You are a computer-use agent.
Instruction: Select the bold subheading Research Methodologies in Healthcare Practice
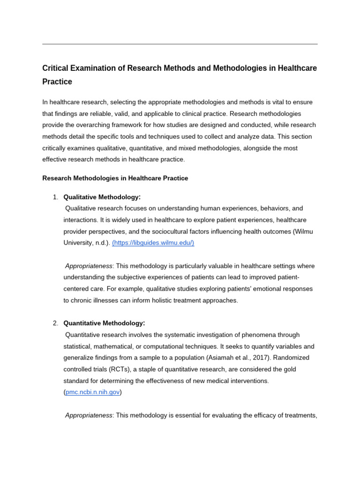[115, 178]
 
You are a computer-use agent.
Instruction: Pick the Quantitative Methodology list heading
[104, 323]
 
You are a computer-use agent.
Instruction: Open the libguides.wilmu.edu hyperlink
[153, 243]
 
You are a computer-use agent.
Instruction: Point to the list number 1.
[55, 197]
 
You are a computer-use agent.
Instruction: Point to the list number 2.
[55, 323]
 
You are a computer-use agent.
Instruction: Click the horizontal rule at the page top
[180, 44]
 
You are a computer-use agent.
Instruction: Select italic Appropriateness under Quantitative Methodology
[89, 415]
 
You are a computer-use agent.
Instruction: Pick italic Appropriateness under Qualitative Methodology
[89, 266]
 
